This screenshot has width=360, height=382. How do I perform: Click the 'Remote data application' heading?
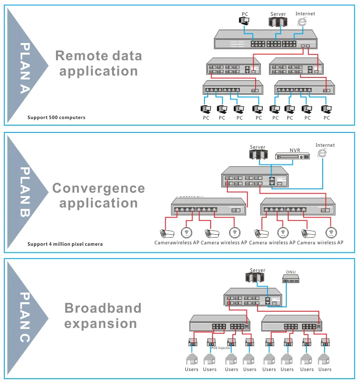(x=99, y=63)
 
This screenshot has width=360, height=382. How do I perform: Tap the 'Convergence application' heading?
(x=99, y=195)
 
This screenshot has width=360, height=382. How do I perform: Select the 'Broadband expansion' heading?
(x=103, y=316)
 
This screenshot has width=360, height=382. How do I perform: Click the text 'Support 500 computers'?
(x=56, y=117)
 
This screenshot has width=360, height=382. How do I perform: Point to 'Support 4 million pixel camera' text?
(x=65, y=244)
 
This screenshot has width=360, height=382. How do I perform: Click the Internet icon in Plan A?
(x=301, y=22)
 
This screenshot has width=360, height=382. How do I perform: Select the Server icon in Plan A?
(x=278, y=22)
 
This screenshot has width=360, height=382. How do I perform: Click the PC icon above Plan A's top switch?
(x=244, y=21)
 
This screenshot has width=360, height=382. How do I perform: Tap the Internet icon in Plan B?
(x=322, y=153)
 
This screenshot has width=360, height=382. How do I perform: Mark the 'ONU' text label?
(x=291, y=273)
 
